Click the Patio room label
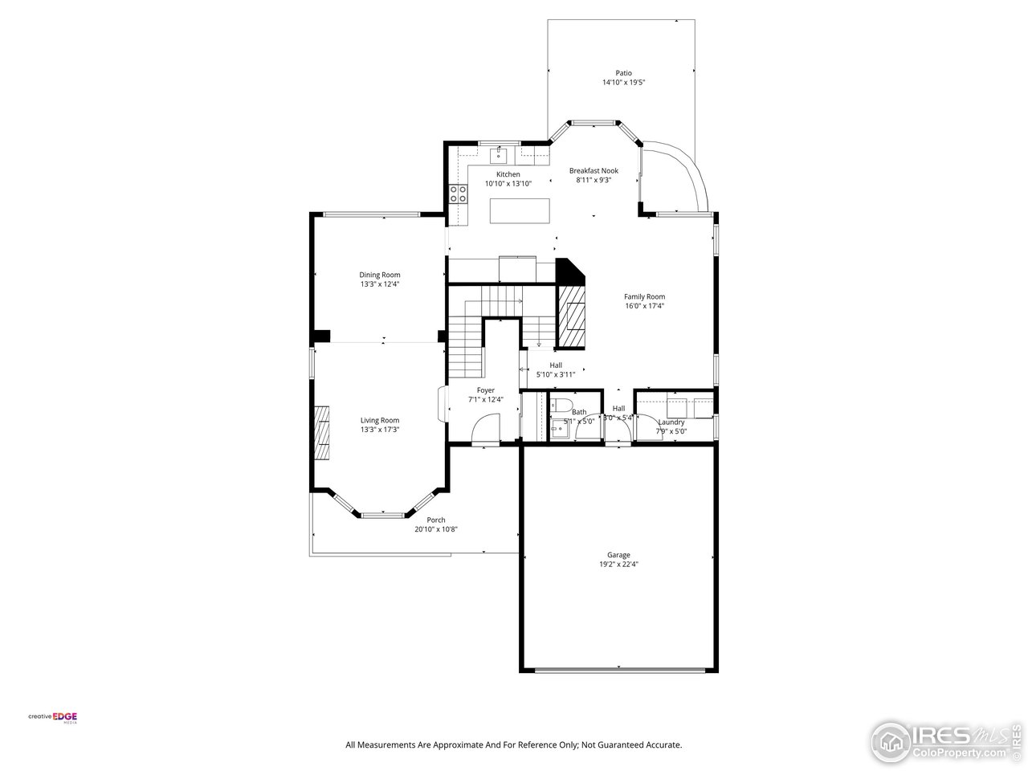623,73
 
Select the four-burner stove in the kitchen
459,193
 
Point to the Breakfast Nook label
594,170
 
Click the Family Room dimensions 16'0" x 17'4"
644,305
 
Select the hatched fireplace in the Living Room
322,431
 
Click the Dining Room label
380,275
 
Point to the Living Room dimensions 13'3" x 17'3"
380,430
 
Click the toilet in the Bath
561,403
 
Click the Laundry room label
671,422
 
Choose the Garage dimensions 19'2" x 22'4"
618,564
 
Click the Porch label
436,520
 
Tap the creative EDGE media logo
53,717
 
